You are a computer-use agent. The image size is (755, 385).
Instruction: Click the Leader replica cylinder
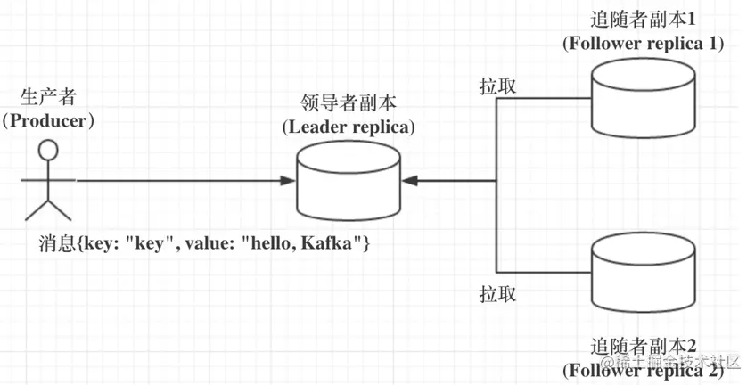point(349,183)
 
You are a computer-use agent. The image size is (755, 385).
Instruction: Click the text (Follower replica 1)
point(642,42)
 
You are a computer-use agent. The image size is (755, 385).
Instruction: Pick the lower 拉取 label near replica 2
point(496,293)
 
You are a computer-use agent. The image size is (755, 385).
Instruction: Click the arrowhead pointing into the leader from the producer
point(287,181)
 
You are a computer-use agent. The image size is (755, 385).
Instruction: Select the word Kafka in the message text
point(329,242)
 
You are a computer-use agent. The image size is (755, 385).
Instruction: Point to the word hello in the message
point(277,242)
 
